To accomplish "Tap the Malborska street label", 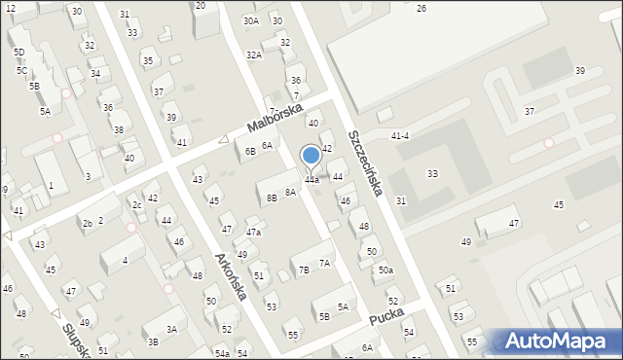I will pyautogui.click(x=275, y=118).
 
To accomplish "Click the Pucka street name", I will pyautogui.click(x=386, y=318).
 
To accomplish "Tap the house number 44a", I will pyautogui.click(x=311, y=180).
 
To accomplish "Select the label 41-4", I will pyautogui.click(x=399, y=135).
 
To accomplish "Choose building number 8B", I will pyautogui.click(x=272, y=198).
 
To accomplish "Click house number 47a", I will pyautogui.click(x=253, y=233).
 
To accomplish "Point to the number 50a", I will pyautogui.click(x=385, y=270).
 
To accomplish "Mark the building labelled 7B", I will pyautogui.click(x=303, y=270).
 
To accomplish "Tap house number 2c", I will pyautogui.click(x=137, y=205).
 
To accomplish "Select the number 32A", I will pyautogui.click(x=254, y=55).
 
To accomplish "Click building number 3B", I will pyautogui.click(x=153, y=342).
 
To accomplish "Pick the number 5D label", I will pyautogui.click(x=19, y=52).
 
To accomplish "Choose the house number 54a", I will pyautogui.click(x=222, y=353).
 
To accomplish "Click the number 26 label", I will pyautogui.click(x=421, y=8).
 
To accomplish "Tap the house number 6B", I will pyautogui.click(x=250, y=151).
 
